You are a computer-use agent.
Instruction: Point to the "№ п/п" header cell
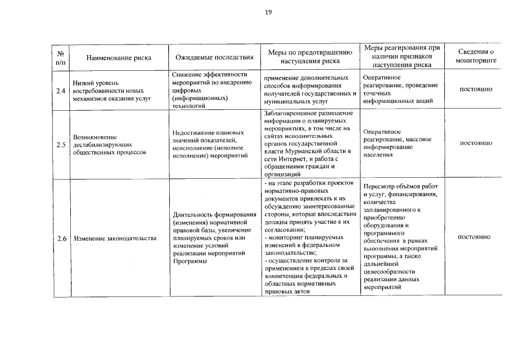(x=60, y=57)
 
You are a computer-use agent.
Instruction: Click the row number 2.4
(x=60, y=90)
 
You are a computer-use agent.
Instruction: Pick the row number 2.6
(x=60, y=238)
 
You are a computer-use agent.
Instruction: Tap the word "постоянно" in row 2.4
(x=476, y=89)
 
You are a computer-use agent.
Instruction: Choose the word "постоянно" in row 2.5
(x=476, y=143)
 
